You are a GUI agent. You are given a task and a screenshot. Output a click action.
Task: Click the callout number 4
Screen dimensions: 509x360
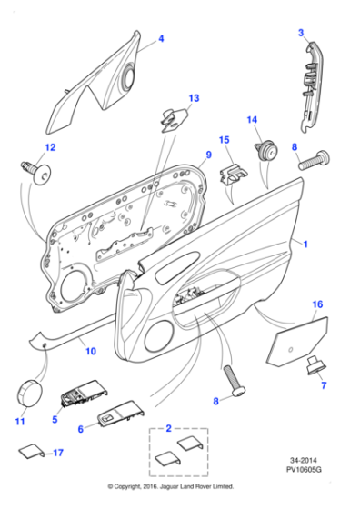[161, 38]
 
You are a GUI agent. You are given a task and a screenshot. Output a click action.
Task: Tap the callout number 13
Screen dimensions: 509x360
[193, 97]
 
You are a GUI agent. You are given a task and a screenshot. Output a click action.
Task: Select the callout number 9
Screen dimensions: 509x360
[207, 156]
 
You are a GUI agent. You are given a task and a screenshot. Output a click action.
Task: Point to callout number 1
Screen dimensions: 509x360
[305, 245]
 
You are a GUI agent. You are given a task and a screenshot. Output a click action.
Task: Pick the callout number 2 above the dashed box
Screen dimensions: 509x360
[167, 425]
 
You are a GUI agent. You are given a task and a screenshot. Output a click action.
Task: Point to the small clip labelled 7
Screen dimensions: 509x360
[315, 366]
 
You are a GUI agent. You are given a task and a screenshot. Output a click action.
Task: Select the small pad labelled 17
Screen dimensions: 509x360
[29, 451]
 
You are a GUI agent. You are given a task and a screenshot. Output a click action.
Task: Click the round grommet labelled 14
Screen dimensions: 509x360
[267, 152]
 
